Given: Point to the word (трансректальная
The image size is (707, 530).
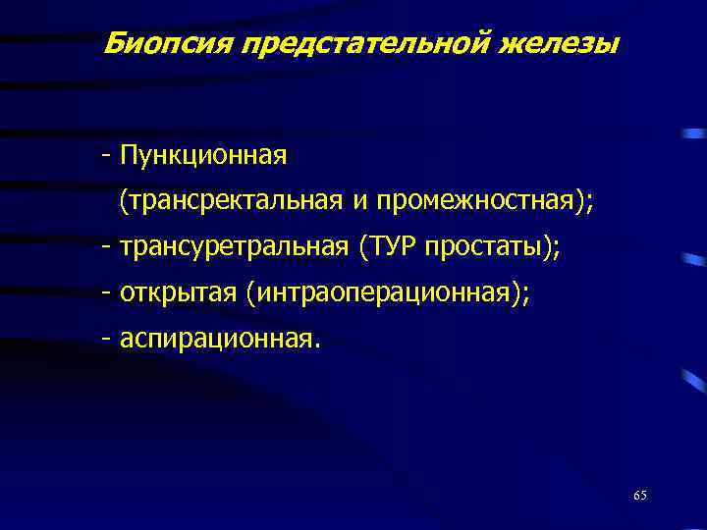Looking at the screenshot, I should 230,201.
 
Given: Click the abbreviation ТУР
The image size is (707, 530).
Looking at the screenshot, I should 391,247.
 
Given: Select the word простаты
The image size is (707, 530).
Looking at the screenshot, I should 490,247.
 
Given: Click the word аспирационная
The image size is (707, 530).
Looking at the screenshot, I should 215,339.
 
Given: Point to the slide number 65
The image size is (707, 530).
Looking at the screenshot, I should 640,495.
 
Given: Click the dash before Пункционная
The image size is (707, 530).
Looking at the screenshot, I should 104,156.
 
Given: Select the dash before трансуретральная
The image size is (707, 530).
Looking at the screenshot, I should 104,248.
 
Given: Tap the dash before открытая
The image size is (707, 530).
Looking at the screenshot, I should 104,293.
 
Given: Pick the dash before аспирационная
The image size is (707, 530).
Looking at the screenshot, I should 104,340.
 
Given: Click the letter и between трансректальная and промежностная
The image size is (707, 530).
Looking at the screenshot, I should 359,202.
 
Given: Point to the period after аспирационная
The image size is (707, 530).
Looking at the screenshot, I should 316,345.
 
